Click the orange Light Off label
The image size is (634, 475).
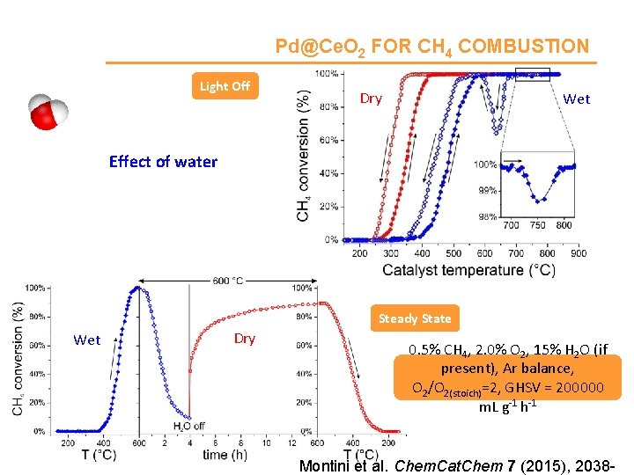pyautogui.click(x=225, y=85)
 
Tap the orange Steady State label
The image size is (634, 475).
pyautogui.click(x=414, y=318)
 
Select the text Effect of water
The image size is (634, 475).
pyautogui.click(x=163, y=161)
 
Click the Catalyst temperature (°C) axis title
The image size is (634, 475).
pyautogui.click(x=468, y=270)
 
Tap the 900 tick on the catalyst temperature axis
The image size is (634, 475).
pyautogui.click(x=578, y=253)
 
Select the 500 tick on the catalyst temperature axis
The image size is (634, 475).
pyautogui.click(x=453, y=253)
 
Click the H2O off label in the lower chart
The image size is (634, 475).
pyautogui.click(x=189, y=427)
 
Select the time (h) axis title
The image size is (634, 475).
pyautogui.click(x=224, y=454)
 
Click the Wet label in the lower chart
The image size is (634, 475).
pyautogui.click(x=87, y=340)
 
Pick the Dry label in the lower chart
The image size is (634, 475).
pyautogui.click(x=245, y=339)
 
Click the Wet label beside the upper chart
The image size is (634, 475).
pyautogui.click(x=577, y=99)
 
